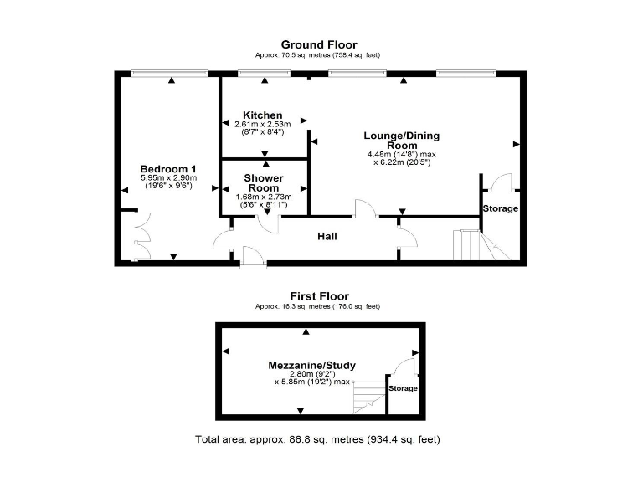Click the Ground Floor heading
click(318, 44)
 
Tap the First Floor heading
click(319, 296)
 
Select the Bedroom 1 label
click(167, 168)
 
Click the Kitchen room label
click(263, 115)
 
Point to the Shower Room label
click(263, 183)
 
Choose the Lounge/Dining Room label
click(401, 141)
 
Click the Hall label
click(327, 237)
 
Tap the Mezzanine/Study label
click(311, 365)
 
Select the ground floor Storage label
click(500, 208)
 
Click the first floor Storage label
click(404, 388)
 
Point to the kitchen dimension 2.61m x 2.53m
click(263, 124)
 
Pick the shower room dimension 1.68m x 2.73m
click(263, 197)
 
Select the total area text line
click(317, 439)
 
